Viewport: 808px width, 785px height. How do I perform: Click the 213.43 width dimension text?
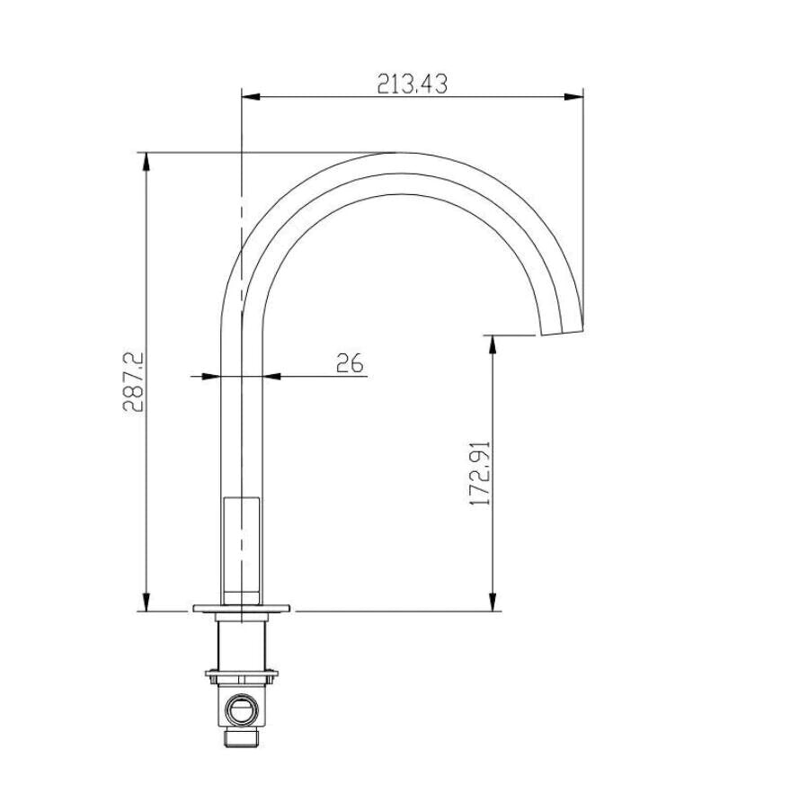413,84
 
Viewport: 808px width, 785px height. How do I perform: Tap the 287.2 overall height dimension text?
133,381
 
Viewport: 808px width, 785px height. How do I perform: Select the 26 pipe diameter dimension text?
350,363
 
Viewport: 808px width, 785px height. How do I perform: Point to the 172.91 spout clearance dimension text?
481,472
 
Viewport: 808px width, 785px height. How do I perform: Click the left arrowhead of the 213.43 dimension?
251,96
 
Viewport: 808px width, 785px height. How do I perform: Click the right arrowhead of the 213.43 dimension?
574,96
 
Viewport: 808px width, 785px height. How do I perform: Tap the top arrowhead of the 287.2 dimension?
147,162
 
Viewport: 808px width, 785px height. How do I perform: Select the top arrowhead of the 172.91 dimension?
493,344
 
